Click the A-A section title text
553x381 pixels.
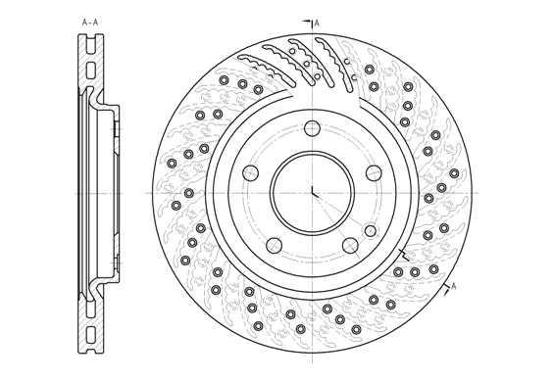pyautogui.click(x=90, y=23)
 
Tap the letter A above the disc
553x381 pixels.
pyautogui.click(x=317, y=24)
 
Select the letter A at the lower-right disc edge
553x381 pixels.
pyautogui.click(x=454, y=286)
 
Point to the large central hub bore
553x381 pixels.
pyautogui.click(x=312, y=193)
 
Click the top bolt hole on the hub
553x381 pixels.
pyautogui.click(x=312, y=128)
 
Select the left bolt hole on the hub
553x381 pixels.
pyautogui.click(x=250, y=172)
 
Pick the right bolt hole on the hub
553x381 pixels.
pyautogui.click(x=374, y=172)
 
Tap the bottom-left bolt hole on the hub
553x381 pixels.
pyautogui.click(x=274, y=245)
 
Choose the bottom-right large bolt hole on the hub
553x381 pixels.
pyautogui.click(x=350, y=245)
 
